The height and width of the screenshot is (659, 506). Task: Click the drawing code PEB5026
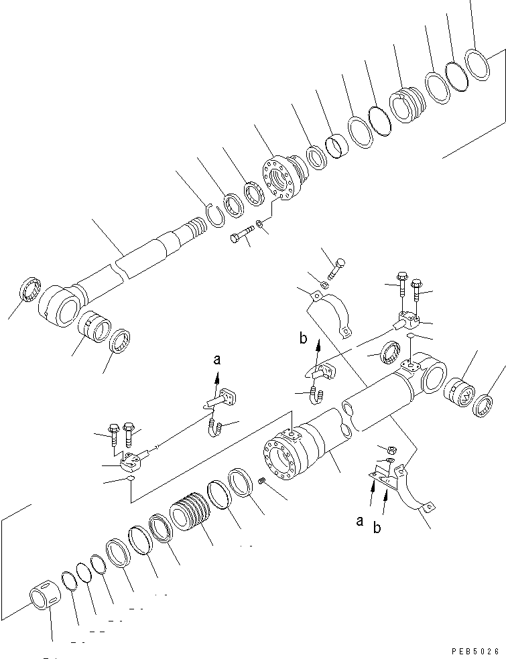[476, 650]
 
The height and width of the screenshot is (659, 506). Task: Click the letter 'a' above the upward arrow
[216, 360]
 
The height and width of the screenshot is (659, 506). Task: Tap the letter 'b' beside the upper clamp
[304, 339]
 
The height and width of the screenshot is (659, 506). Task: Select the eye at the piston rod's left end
[60, 307]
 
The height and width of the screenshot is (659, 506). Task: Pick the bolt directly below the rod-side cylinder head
[242, 236]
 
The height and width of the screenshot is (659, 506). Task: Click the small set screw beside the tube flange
[263, 481]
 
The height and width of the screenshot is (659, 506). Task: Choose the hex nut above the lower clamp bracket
[382, 449]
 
